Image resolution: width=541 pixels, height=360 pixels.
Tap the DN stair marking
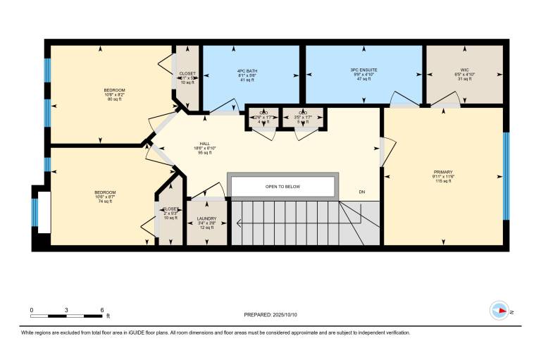coord(362,192)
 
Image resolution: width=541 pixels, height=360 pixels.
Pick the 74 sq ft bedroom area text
coord(105,201)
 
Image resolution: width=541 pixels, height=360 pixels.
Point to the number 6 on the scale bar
coord(103,310)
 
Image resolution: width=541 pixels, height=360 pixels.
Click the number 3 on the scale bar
coord(67,310)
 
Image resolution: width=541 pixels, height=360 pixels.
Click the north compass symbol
coord(499,310)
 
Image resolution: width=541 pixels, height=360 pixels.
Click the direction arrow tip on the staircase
coord(238,224)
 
